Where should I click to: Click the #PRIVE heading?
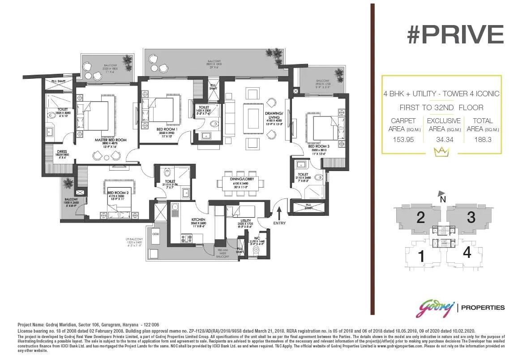click(x=454, y=34)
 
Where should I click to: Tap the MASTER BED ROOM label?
click(x=110, y=140)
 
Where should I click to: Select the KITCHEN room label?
click(x=197, y=220)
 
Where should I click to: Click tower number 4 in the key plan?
click(x=467, y=253)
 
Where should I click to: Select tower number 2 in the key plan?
click(x=420, y=218)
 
